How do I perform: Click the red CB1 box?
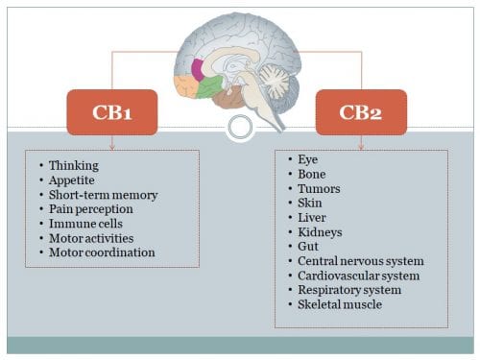pos(112,110)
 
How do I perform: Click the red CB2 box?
pos(360,110)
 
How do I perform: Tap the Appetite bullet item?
pos(72,180)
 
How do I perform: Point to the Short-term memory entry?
pos(94,194)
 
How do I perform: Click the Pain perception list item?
pos(91,208)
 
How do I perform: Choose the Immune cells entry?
pos(84,223)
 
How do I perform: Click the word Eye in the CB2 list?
pos(308,159)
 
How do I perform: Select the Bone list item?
pos(312,174)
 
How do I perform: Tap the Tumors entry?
pos(318,188)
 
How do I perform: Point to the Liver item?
pos(313,217)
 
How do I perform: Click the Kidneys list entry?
pos(320,231)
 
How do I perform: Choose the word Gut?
pos(309,246)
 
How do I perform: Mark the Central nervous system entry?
pos(360,260)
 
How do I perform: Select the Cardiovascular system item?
pos(357,275)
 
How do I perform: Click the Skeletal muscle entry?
pos(340,304)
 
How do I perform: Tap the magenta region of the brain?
pos(198,68)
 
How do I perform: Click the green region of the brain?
pos(209,87)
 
